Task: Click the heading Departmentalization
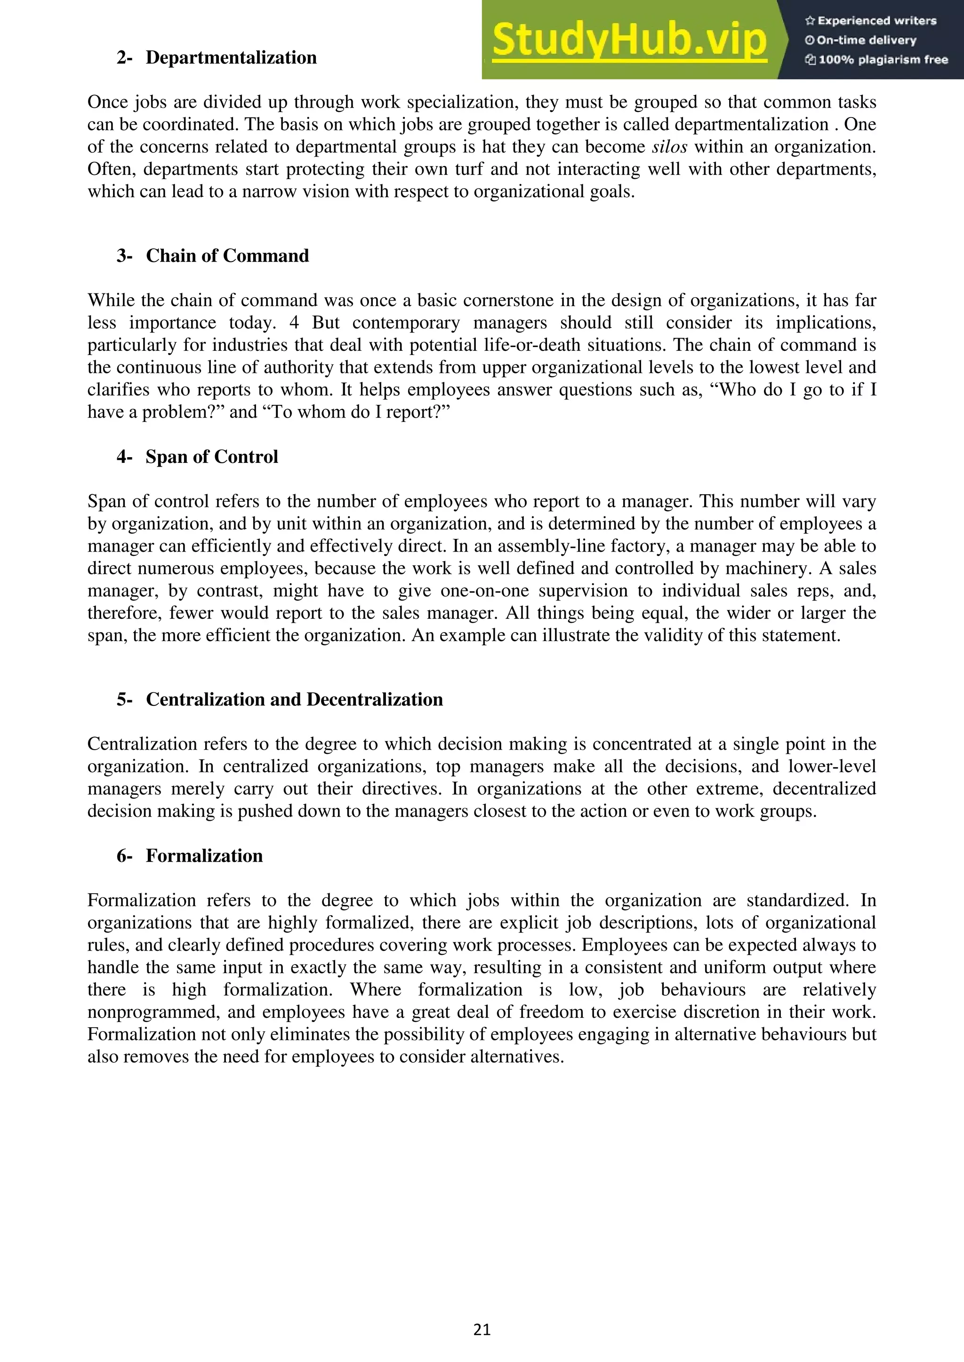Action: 231,57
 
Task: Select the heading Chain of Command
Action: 227,256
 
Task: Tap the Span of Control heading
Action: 212,457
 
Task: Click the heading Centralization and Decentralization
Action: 294,699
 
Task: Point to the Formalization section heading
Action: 204,856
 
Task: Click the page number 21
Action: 482,1330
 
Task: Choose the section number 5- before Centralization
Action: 124,699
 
